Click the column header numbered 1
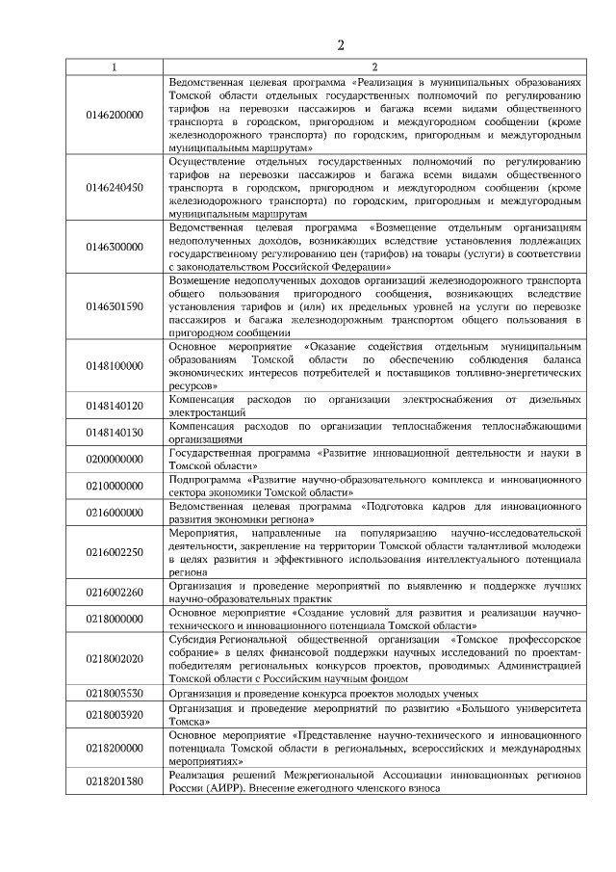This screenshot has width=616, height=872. pyautogui.click(x=114, y=66)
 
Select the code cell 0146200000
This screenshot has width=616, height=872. pyautogui.click(x=114, y=115)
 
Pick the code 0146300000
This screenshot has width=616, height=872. pyautogui.click(x=114, y=247)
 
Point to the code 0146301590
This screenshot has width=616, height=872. pyautogui.click(x=114, y=305)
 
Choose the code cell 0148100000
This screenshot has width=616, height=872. pyautogui.click(x=114, y=365)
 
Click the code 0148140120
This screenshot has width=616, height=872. pyautogui.click(x=114, y=406)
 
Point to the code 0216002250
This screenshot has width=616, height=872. pyautogui.click(x=114, y=552)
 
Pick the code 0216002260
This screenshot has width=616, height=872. pyautogui.click(x=114, y=592)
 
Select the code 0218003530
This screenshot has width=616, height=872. pyautogui.click(x=114, y=692)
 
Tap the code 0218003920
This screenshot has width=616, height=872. pyautogui.click(x=114, y=714)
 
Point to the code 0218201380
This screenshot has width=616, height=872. pyautogui.click(x=114, y=781)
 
